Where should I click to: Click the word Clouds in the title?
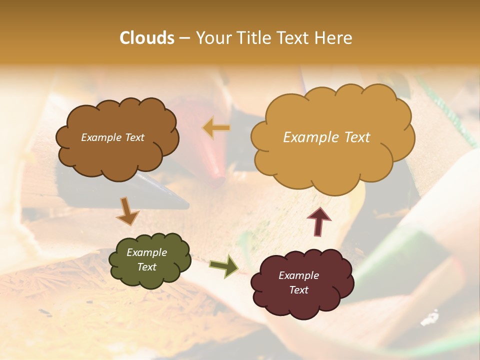[x=147, y=38]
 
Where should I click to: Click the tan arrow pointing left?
[x=216, y=128]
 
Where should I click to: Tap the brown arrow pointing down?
[x=127, y=210]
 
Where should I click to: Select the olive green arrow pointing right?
[x=224, y=265]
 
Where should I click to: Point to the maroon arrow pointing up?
[x=319, y=221]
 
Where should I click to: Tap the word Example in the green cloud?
[x=146, y=252]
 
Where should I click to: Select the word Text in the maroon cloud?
[x=298, y=290]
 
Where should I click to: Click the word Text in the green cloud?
[x=146, y=267]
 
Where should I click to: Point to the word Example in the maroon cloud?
[x=298, y=275]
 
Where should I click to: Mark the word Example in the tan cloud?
[x=309, y=137]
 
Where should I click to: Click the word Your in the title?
[x=210, y=38]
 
